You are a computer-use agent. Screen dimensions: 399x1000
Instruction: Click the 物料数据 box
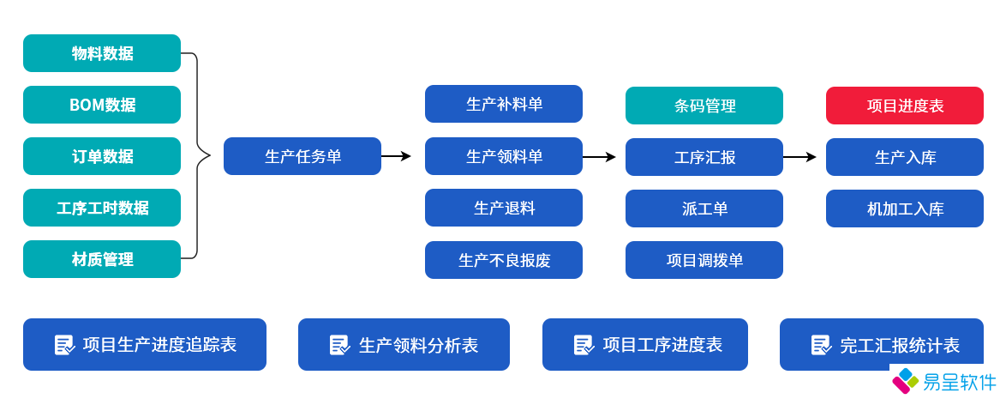[x=102, y=53]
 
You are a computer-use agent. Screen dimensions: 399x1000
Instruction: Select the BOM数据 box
[x=102, y=105]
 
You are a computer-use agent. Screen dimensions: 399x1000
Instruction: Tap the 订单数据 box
[x=102, y=156]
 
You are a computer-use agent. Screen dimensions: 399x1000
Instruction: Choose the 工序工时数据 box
[x=102, y=208]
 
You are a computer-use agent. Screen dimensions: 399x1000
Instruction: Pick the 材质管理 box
[x=102, y=259]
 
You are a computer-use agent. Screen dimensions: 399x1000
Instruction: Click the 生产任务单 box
[x=302, y=156]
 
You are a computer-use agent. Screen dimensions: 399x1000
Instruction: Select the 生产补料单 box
[x=503, y=104]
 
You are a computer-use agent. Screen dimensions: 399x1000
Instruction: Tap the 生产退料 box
[x=503, y=208]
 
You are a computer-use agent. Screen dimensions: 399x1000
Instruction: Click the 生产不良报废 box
[x=503, y=260]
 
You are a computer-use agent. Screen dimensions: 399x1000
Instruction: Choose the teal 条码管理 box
[x=704, y=106]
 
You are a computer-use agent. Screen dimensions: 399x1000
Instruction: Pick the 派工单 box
[x=704, y=209]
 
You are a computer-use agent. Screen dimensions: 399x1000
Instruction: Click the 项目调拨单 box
[x=704, y=260]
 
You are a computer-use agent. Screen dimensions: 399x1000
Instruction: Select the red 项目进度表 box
[x=904, y=106]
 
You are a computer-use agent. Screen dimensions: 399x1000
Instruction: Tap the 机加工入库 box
[x=904, y=209]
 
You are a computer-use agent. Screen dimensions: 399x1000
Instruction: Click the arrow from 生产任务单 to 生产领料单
[x=396, y=156]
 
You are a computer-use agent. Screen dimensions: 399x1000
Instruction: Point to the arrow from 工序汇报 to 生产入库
[x=799, y=157]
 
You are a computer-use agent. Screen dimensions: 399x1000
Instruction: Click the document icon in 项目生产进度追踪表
[x=65, y=345]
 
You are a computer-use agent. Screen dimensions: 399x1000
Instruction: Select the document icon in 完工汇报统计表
[x=821, y=345]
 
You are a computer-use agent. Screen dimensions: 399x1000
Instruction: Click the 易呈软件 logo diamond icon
[x=905, y=381]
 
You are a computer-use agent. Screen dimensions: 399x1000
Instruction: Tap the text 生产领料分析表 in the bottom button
[x=418, y=345]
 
